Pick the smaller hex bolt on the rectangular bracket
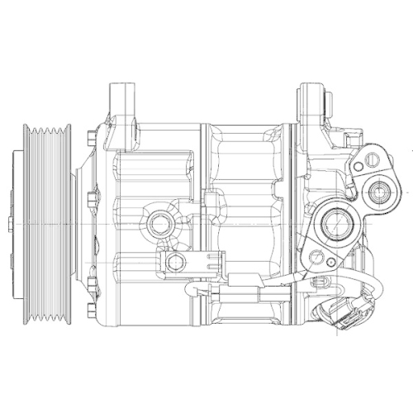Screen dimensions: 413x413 click(174, 262)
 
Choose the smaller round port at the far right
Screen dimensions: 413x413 click(382, 195)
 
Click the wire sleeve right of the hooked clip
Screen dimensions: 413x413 click(240, 292)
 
